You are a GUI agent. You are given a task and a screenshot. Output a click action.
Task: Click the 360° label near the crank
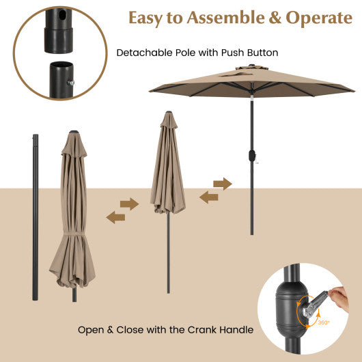(x=323, y=322)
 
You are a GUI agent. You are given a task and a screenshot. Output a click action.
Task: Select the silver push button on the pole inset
(x=70, y=82)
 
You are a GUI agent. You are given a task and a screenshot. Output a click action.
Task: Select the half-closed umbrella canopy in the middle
(x=167, y=167)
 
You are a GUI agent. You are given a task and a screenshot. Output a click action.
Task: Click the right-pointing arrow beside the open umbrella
(x=223, y=184)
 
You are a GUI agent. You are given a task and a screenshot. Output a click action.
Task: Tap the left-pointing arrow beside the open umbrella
(x=209, y=197)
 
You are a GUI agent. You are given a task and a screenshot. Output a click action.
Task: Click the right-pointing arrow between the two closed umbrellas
(x=129, y=204)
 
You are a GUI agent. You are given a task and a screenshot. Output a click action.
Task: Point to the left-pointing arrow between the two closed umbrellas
(x=115, y=217)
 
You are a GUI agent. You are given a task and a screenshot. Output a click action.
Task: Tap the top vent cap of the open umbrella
(x=249, y=70)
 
